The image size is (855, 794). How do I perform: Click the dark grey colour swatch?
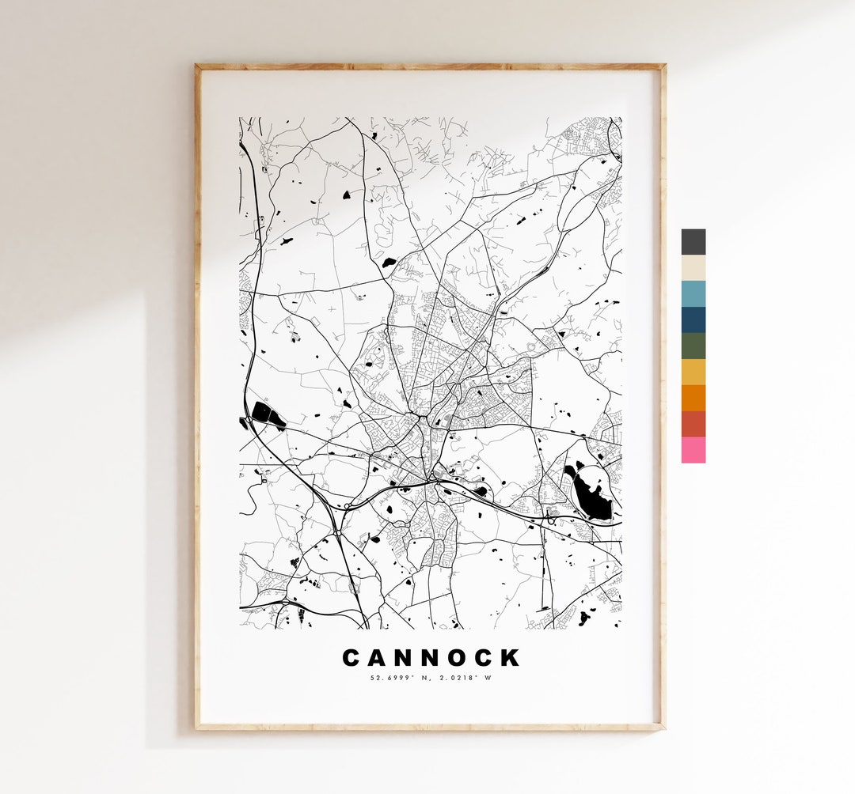693,242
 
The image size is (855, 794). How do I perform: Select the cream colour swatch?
693,268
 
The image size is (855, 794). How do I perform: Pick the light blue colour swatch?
693,293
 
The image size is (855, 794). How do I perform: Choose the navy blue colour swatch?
693,319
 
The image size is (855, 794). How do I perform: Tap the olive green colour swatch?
693,346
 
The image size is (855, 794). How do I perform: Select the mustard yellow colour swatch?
693,372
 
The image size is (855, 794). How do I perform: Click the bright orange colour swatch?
693,398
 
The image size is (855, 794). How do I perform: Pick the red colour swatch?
693,424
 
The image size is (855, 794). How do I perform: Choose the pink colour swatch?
693,450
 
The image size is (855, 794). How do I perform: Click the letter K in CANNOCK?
511,658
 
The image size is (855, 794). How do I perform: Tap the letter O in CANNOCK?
458,658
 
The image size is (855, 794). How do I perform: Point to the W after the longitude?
488,677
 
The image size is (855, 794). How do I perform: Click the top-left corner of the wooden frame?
198,66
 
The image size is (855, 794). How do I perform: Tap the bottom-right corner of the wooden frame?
663,727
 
